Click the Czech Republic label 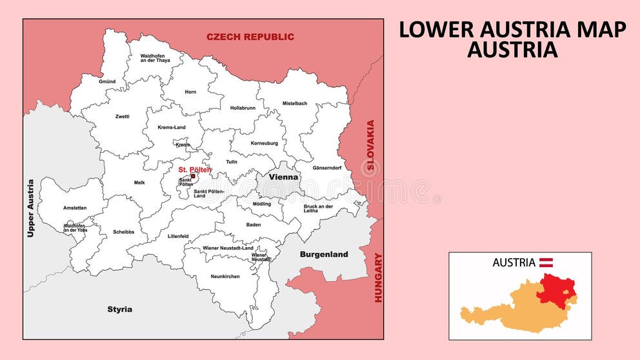tap(250, 37)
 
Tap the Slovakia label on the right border tap(370, 145)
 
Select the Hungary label tap(379, 277)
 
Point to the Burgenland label tap(324, 254)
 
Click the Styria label tap(119, 309)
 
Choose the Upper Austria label tap(30, 208)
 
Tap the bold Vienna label tap(283, 177)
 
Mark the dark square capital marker tap(193, 175)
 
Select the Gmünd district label tap(107, 82)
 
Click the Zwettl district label tap(122, 116)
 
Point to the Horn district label tap(190, 92)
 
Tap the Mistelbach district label tap(295, 103)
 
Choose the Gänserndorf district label tap(326, 167)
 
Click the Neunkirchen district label tap(225, 276)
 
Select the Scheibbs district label tap(123, 232)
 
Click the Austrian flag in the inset tap(546, 262)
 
